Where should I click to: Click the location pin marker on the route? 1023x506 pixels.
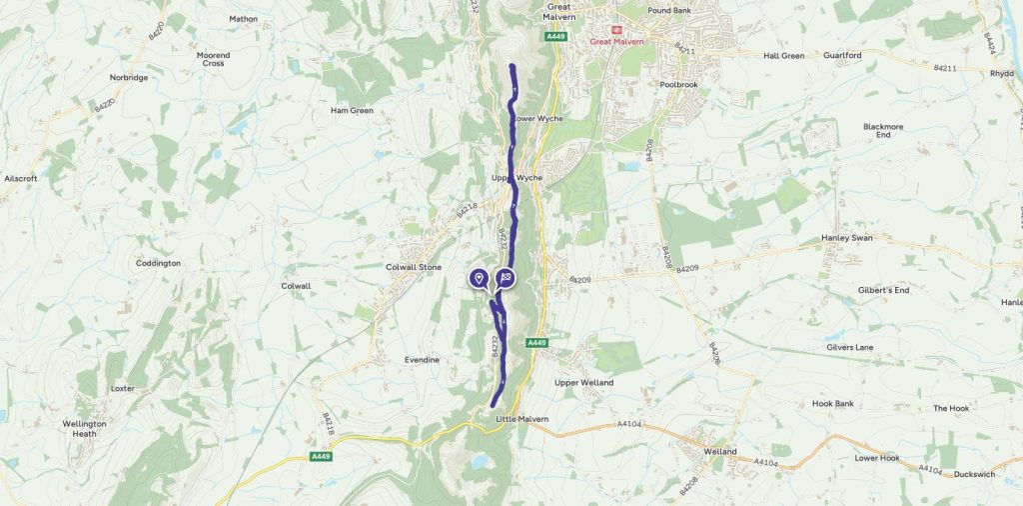(479, 278)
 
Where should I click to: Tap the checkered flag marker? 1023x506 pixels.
(507, 278)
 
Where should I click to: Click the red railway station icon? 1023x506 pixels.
(615, 30)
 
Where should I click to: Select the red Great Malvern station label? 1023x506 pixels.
(615, 42)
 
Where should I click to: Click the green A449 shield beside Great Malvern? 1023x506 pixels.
(556, 37)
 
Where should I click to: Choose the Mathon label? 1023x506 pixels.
(243, 18)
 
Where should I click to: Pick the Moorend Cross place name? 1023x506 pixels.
(213, 59)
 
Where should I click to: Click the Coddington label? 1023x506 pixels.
(159, 263)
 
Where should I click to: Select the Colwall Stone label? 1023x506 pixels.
(414, 268)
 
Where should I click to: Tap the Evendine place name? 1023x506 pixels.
(422, 359)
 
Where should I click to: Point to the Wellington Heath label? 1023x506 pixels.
(84, 428)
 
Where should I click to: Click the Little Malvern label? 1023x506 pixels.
(521, 419)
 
